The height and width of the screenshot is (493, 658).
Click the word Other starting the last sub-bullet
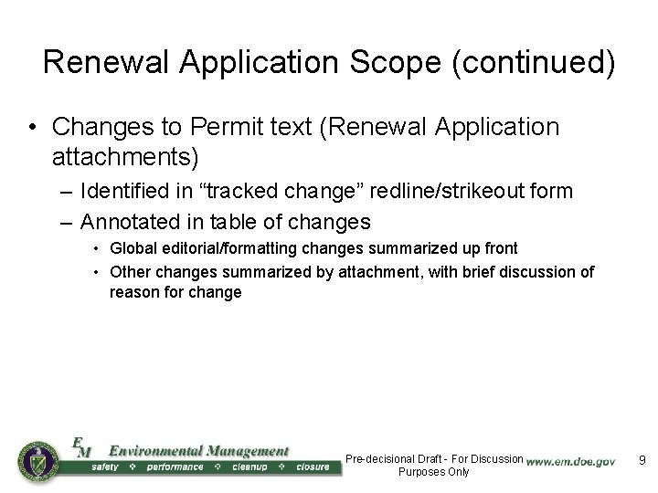(130, 272)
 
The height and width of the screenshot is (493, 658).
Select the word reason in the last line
(132, 293)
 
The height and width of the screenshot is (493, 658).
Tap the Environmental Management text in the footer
(198, 451)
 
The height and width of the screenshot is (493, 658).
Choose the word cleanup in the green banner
(249, 467)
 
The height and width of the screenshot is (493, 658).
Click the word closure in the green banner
(313, 467)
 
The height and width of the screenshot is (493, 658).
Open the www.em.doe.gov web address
(571, 462)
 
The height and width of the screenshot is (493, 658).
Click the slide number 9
(642, 460)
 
